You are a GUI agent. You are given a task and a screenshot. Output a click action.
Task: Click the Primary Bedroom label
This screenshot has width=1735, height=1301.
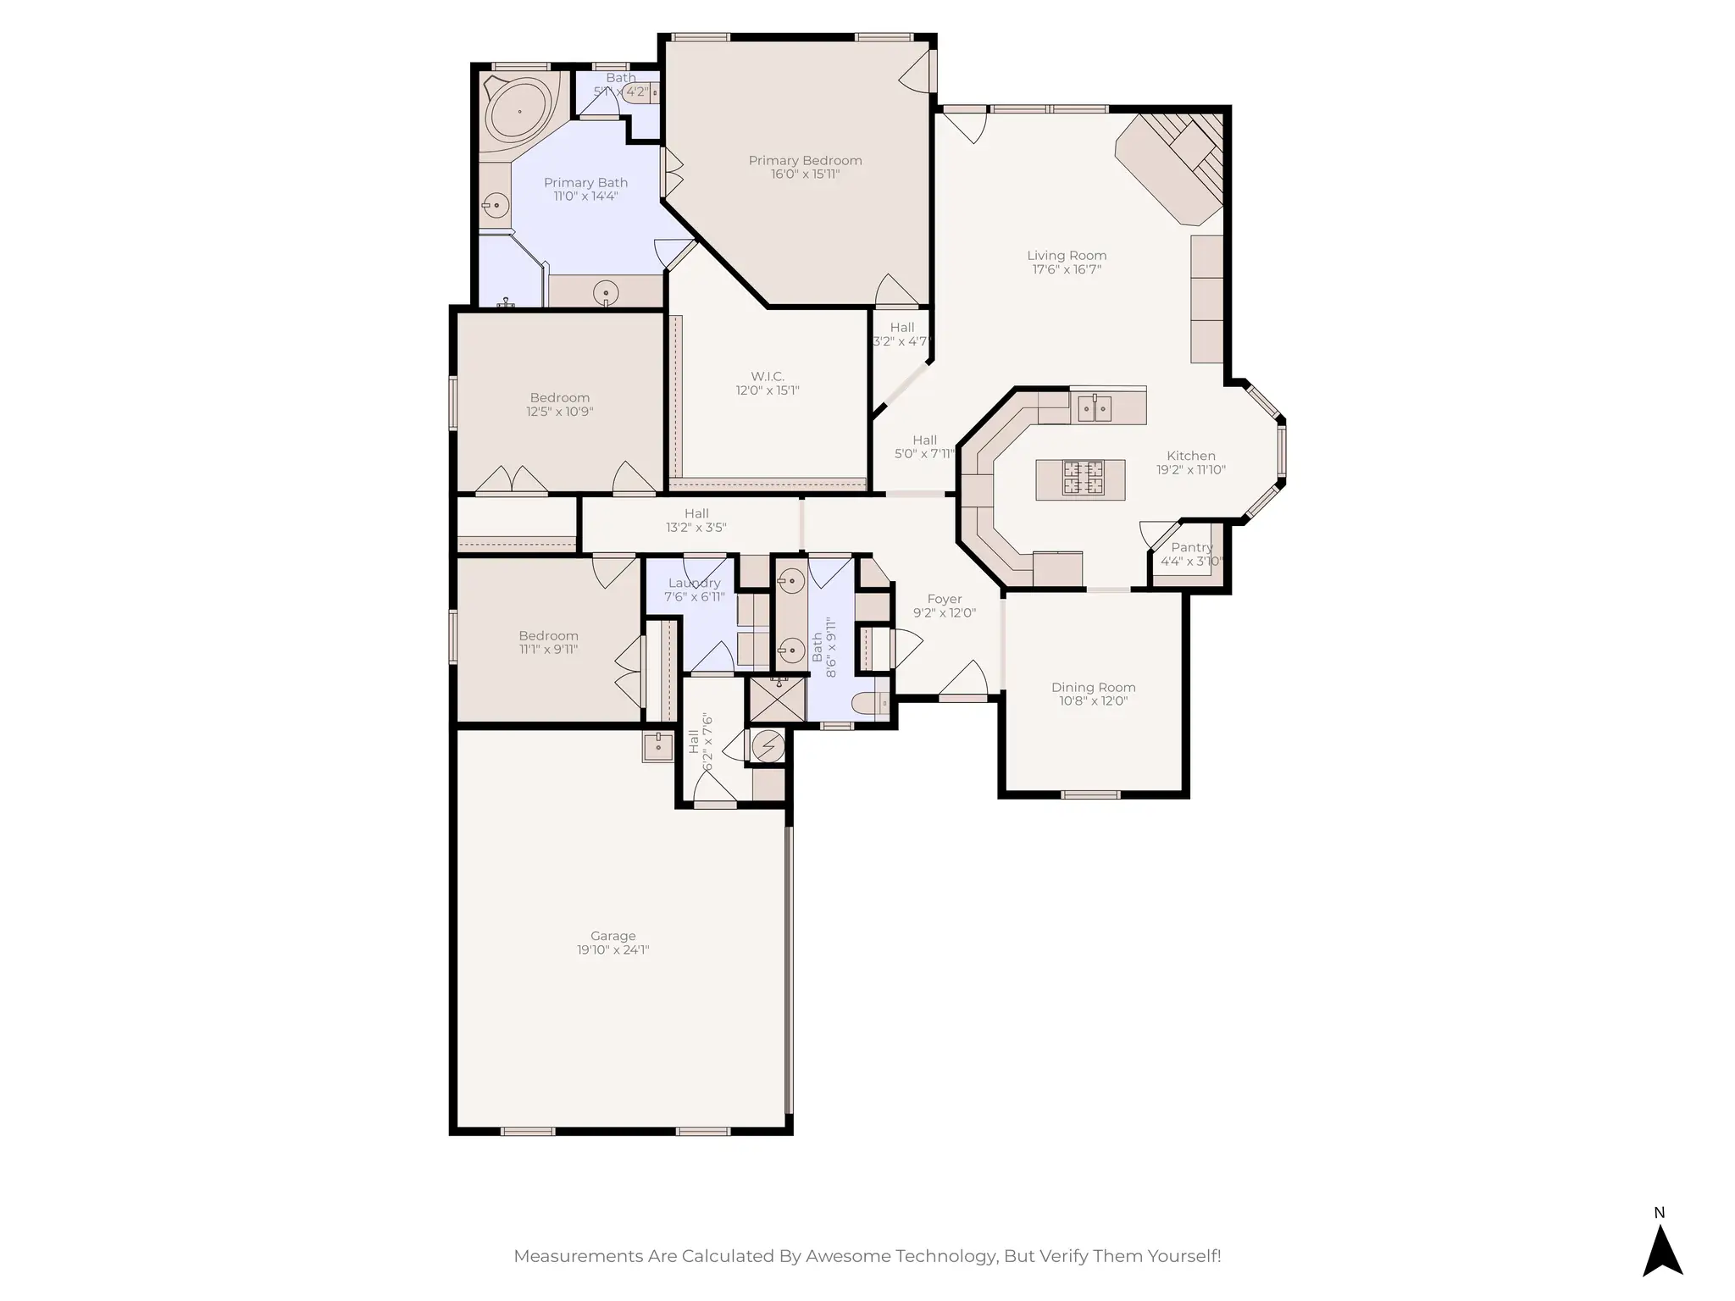pos(805,160)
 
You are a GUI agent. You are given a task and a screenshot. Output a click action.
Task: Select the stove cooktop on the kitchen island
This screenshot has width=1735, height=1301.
pos(1084,478)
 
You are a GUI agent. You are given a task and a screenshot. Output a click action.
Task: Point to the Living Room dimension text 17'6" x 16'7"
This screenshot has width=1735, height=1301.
pos(1067,269)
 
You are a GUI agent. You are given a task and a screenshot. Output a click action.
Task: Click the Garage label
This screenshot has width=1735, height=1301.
pos(613,936)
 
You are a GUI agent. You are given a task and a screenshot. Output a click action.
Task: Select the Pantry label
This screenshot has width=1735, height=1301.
pos(1191,547)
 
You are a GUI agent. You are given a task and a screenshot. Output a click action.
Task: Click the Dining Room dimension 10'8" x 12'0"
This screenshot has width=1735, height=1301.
pos(1093,700)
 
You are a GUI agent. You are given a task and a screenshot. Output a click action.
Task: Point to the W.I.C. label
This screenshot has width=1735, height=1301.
pos(767,376)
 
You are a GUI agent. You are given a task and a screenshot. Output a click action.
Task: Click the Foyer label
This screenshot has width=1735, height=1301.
pos(944,599)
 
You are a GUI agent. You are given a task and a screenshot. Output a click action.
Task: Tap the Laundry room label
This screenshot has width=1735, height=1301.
pos(694,583)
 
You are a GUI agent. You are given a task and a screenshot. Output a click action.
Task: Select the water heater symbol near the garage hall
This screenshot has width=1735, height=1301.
pos(768,746)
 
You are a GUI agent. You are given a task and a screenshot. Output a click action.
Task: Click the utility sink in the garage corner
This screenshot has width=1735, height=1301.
pos(657,746)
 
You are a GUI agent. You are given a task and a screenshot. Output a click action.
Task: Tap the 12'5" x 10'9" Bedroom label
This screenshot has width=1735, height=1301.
pos(559,398)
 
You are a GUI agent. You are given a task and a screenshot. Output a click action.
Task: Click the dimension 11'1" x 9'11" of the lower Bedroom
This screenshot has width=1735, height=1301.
pos(548,650)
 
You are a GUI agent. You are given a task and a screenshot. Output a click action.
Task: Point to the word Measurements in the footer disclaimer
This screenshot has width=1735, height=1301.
pos(578,1256)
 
